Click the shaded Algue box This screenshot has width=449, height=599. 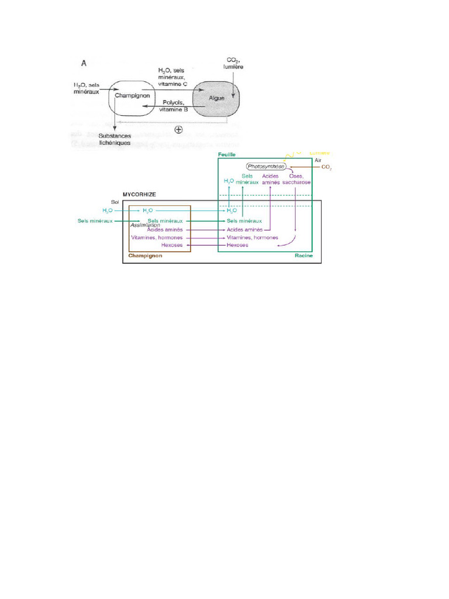coord(217,98)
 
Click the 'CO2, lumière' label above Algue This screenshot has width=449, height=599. coord(232,64)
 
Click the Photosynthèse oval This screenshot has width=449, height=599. coord(266,166)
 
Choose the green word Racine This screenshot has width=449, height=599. coord(304,256)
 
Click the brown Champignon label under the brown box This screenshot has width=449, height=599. coord(145,256)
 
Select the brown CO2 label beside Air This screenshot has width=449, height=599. coord(326,167)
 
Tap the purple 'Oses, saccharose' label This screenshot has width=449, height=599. coord(297,179)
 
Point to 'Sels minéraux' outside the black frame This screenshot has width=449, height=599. coord(95,221)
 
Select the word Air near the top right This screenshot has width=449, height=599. coord(318,160)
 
